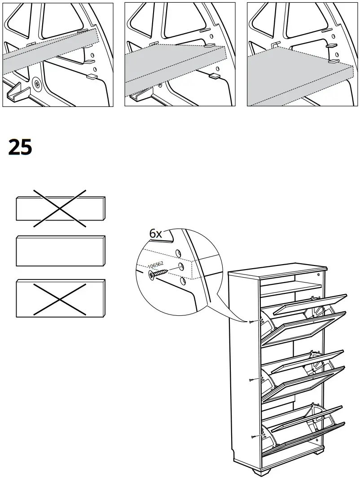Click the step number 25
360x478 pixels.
(x=20, y=147)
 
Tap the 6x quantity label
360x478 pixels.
(x=155, y=234)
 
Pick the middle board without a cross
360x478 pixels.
(x=60, y=251)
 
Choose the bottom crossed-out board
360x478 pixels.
(x=60, y=298)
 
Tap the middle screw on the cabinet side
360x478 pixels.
(x=252, y=380)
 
